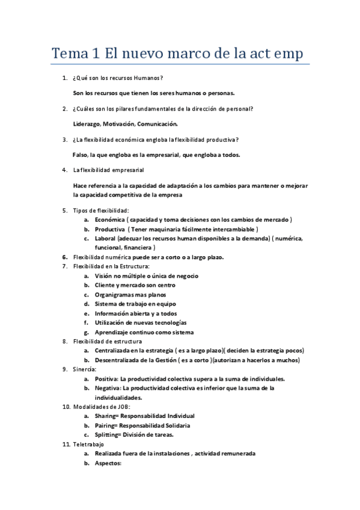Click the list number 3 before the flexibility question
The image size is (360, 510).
point(64,140)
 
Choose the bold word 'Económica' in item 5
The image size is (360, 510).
point(109,220)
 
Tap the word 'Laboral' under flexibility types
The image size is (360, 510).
point(105,238)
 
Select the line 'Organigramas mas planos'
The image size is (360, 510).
point(130,295)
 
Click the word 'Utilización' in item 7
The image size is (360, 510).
point(111,322)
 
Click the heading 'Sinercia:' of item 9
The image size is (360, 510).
point(84,369)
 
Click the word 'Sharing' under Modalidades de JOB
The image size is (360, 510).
point(106,416)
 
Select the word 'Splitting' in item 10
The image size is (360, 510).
point(106,435)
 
